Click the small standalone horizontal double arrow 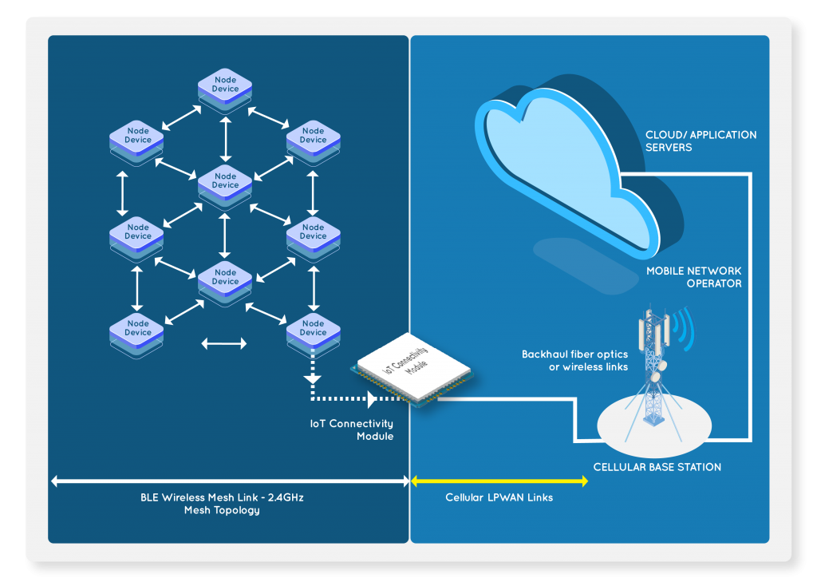tap(224, 344)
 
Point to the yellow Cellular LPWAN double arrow tap(499, 481)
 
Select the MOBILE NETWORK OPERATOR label tap(693, 277)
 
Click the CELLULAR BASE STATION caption tap(657, 467)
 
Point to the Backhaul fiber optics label tap(574, 360)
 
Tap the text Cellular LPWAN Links tap(499, 497)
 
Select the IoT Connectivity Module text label tap(352, 430)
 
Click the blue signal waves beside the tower tap(682, 325)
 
